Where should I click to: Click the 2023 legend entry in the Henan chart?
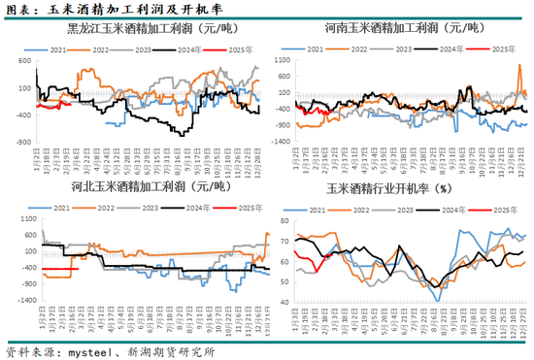click(x=408, y=48)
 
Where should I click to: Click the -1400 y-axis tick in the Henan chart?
click(x=280, y=141)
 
